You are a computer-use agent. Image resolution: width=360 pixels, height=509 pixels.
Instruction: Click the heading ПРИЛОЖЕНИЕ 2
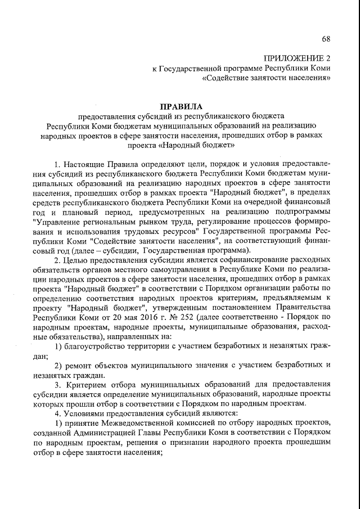pos(297,58)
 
